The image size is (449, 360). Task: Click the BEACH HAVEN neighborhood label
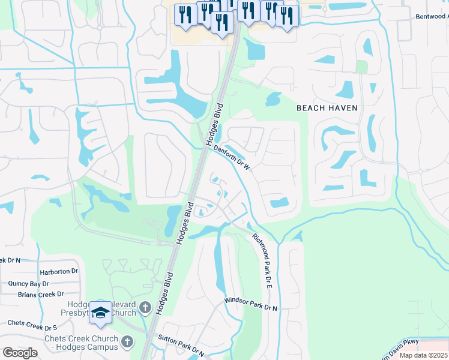pyautogui.click(x=327, y=108)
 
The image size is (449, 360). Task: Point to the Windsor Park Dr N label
pyautogui.click(x=251, y=304)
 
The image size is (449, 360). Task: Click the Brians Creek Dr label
pyautogui.click(x=41, y=294)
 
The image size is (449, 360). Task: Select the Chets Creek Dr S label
pyautogui.click(x=32, y=326)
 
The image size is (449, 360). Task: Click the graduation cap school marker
pyautogui.click(x=101, y=312)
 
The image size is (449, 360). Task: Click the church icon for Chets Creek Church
pyautogui.click(x=127, y=341)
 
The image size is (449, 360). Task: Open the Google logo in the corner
pyautogui.click(x=20, y=353)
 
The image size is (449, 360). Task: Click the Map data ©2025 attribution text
pyautogui.click(x=423, y=355)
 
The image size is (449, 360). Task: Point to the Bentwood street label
pyautogui.click(x=432, y=17)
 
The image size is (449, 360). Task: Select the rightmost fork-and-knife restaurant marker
pyautogui.click(x=287, y=16)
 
